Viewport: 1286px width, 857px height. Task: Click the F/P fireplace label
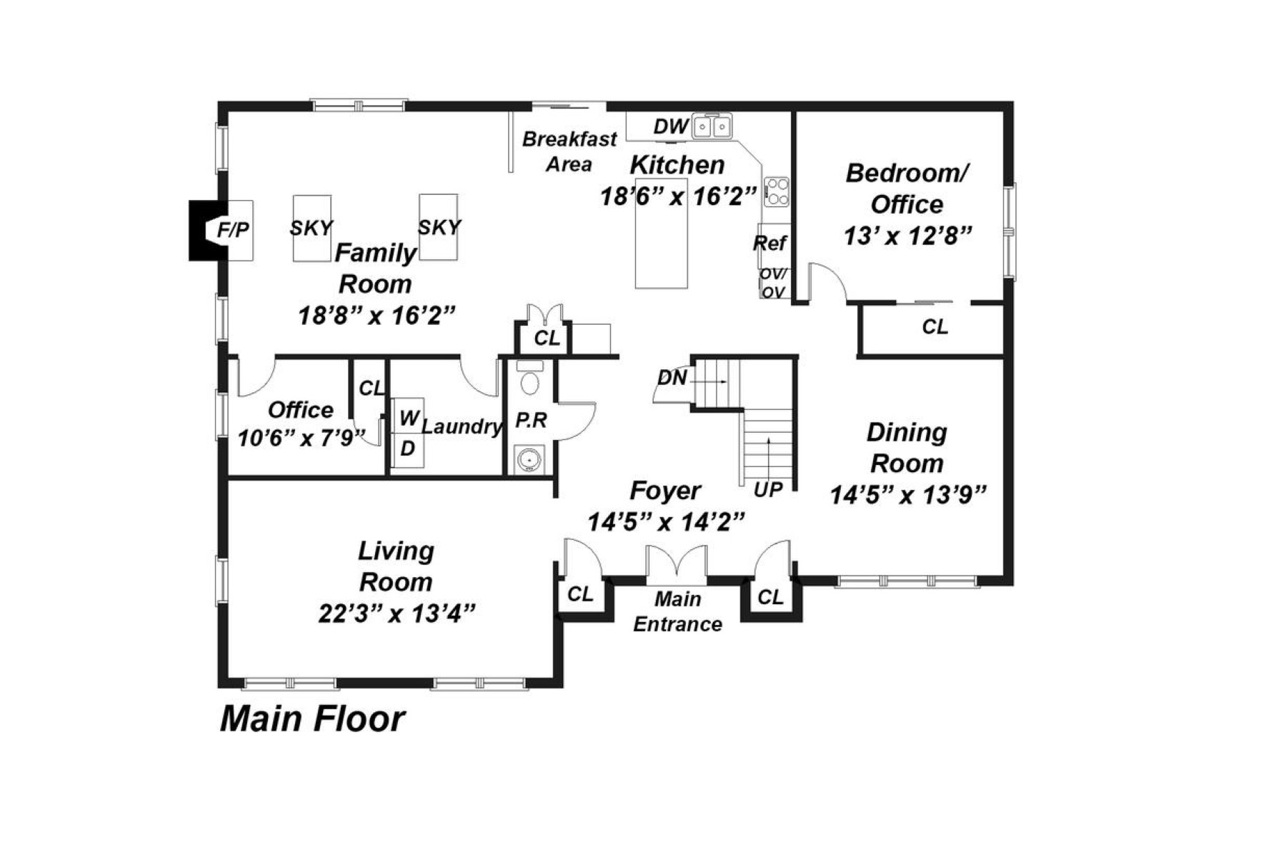(233, 230)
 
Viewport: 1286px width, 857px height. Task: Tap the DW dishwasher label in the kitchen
(670, 127)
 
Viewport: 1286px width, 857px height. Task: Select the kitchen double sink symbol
(712, 127)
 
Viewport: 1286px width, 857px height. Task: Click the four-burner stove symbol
(777, 192)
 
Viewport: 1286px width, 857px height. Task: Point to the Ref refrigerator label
(770, 244)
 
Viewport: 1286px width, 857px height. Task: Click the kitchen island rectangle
(661, 243)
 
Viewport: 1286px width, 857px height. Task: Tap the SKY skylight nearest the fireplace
(311, 228)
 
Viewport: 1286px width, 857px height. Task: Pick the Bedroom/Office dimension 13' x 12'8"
(907, 236)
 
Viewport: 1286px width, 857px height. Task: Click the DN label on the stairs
(672, 378)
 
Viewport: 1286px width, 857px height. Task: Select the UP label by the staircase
(768, 490)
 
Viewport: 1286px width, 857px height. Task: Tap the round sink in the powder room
(529, 459)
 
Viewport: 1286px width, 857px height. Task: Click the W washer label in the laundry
(409, 419)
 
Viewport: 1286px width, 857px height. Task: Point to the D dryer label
(407, 448)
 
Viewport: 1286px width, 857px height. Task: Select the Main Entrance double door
(677, 564)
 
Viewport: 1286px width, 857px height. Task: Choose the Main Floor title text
(312, 718)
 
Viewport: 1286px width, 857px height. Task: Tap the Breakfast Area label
(569, 151)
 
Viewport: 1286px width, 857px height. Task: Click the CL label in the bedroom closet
(934, 327)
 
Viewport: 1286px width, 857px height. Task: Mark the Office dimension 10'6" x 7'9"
(301, 438)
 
